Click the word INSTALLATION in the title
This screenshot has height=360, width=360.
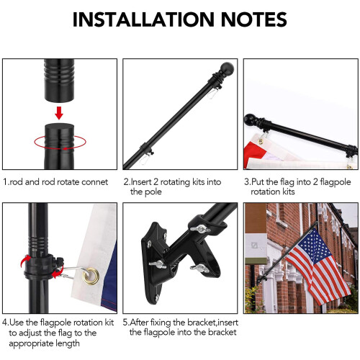(x=143, y=19)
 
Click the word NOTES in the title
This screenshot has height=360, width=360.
(x=253, y=19)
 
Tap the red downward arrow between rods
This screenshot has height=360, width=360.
(x=59, y=113)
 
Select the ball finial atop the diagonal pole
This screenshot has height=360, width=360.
(x=227, y=68)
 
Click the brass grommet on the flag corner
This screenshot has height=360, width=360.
(x=91, y=276)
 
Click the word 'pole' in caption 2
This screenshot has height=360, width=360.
(x=153, y=192)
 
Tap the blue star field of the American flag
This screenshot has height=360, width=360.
(x=312, y=246)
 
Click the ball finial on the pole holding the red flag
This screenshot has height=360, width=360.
(x=250, y=120)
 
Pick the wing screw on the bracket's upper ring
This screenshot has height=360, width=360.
(x=200, y=228)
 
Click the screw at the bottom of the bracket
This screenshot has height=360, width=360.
(x=157, y=298)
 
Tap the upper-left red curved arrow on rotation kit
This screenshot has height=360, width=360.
(x=25, y=261)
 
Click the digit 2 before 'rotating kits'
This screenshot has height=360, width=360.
(x=156, y=182)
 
